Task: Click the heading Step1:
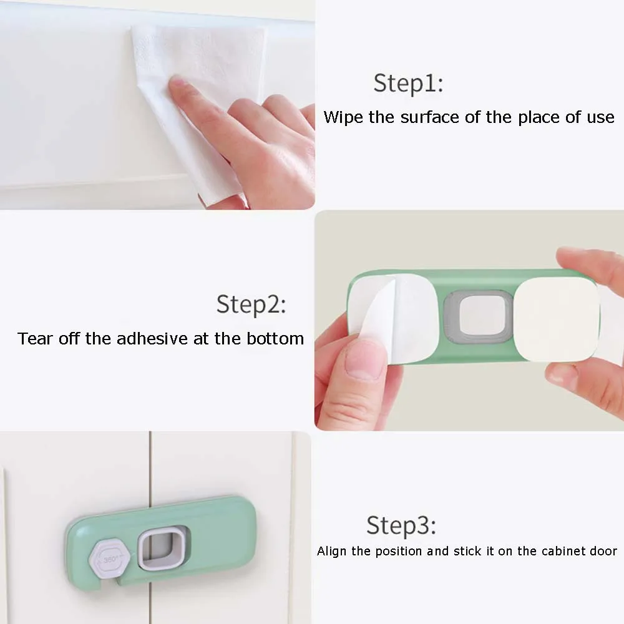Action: (408, 84)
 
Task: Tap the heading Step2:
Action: (251, 305)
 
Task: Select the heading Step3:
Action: (401, 525)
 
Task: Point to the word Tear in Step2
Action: (35, 339)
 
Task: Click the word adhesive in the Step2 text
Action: (152, 339)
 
